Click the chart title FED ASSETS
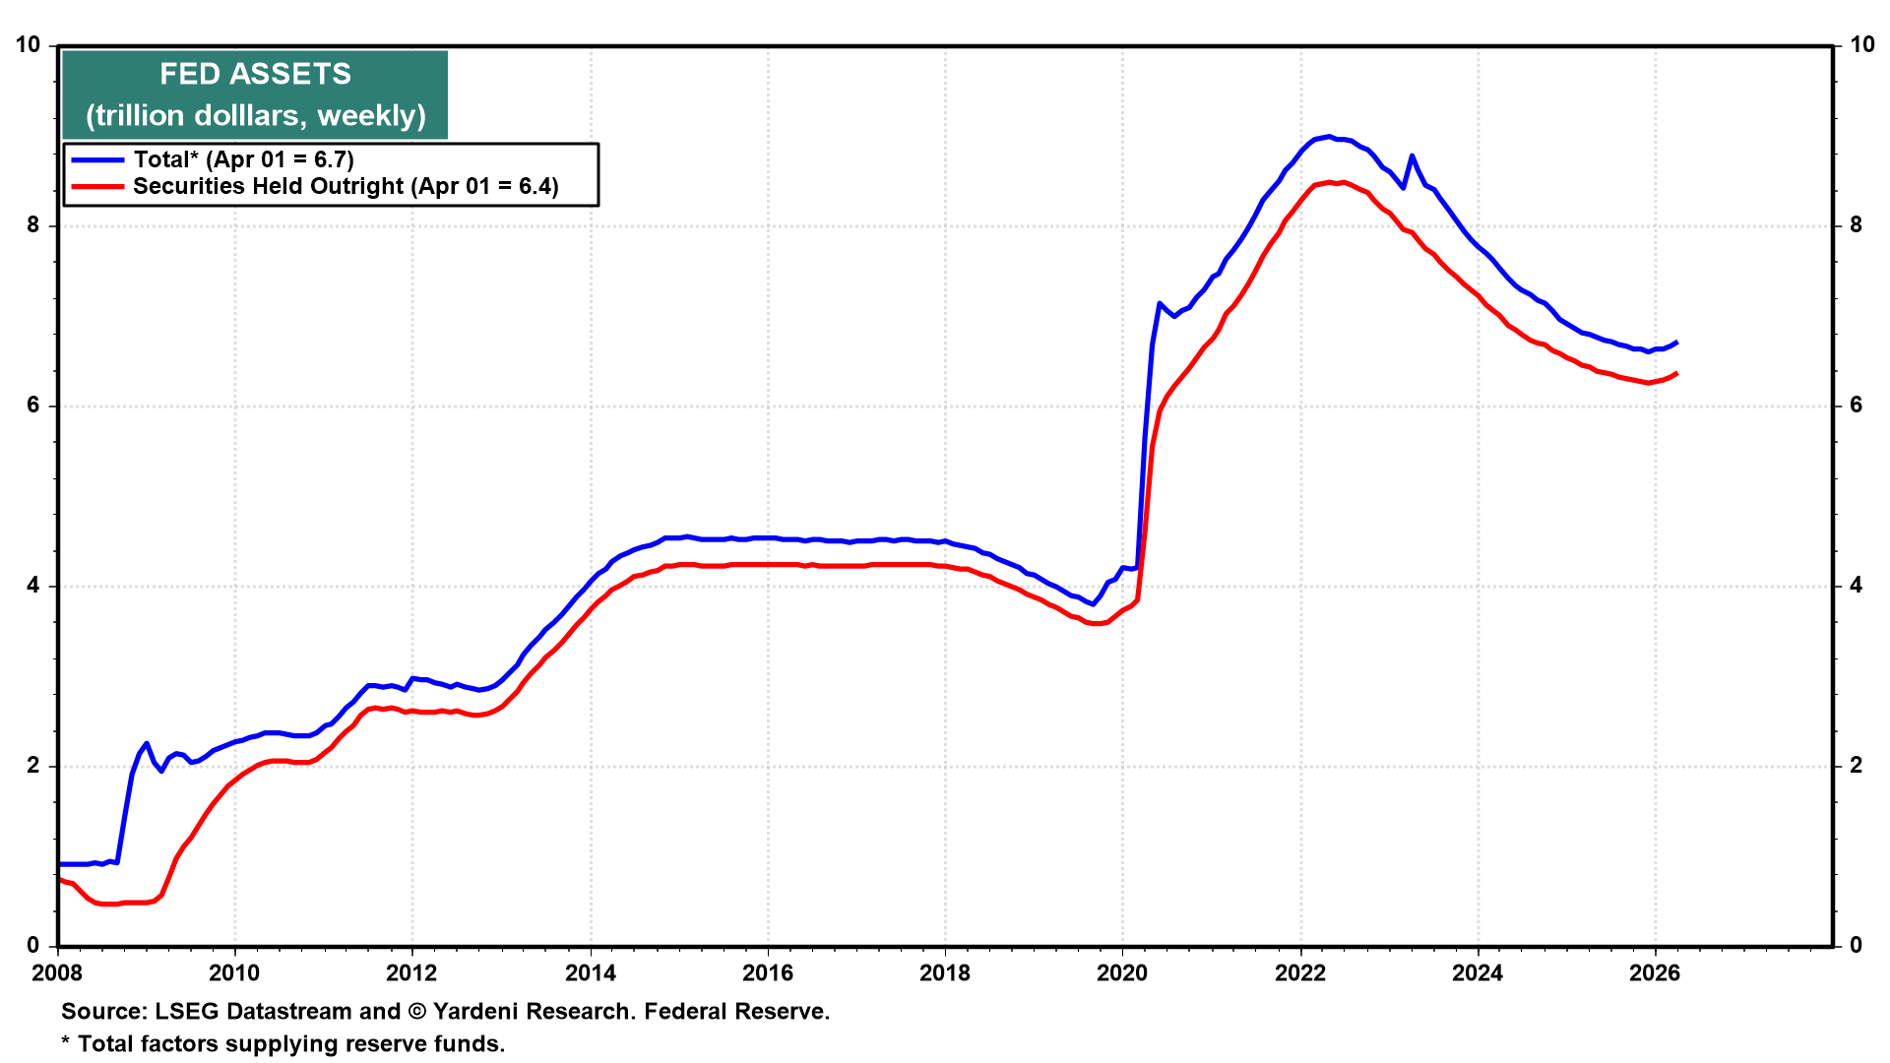[255, 74]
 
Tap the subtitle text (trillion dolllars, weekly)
[255, 115]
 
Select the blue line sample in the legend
[97, 159]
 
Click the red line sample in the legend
[97, 186]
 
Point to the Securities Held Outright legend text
[346, 186]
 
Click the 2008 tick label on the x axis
[57, 973]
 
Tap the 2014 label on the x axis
[590, 973]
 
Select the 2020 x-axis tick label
[1122, 973]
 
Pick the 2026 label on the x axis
[1655, 973]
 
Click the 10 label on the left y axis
[29, 45]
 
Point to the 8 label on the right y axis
[1857, 225]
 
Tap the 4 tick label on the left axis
[34, 586]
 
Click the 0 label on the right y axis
[1857, 946]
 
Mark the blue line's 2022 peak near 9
[1329, 137]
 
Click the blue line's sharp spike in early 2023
[1412, 156]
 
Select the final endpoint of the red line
[1676, 373]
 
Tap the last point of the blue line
[1676, 343]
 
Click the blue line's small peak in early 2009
[146, 743]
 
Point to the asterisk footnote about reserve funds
[283, 1043]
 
